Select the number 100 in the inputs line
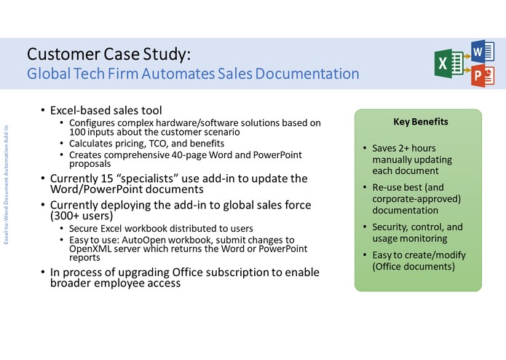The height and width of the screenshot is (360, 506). tap(79, 133)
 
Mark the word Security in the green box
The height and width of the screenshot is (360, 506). tap(392, 227)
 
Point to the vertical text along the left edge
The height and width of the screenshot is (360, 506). tap(7, 181)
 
